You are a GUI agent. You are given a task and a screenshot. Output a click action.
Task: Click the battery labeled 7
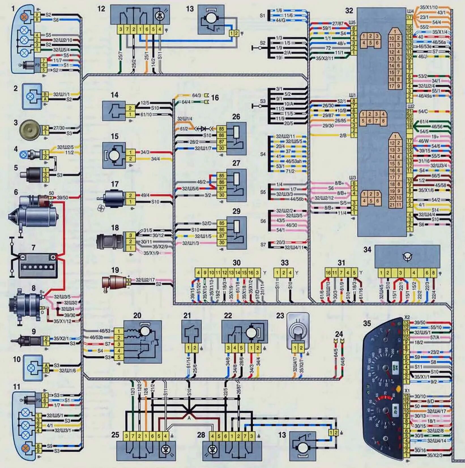click(x=37, y=266)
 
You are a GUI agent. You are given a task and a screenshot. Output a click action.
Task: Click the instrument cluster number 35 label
click(x=367, y=323)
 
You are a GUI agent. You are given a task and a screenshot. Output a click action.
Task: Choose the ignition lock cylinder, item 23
click(x=298, y=331)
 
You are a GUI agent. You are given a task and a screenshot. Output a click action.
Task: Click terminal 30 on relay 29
click(x=221, y=242)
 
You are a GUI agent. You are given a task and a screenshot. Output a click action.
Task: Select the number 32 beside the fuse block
click(x=349, y=11)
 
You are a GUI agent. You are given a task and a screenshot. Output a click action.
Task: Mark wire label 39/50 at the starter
click(x=62, y=197)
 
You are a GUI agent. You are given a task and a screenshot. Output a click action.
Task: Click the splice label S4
click(x=263, y=154)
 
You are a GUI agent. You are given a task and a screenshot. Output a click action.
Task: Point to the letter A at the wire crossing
click(x=189, y=418)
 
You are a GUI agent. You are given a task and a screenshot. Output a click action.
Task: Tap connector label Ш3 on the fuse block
click(x=353, y=178)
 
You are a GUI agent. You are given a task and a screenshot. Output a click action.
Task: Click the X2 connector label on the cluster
click(x=407, y=317)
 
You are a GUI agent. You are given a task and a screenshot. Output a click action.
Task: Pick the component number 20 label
click(x=137, y=315)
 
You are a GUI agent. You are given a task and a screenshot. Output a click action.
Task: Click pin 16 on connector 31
click(x=328, y=273)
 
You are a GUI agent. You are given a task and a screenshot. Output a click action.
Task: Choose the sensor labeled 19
click(x=115, y=282)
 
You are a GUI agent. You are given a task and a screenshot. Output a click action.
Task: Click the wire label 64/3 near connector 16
click(x=196, y=95)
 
